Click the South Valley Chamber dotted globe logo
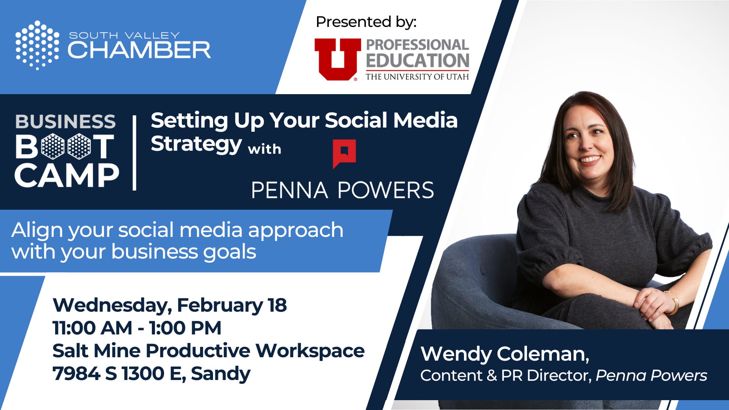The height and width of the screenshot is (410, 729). point(37,45)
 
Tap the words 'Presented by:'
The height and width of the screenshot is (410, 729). point(366,22)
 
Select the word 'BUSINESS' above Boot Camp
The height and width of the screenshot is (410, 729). point(65,121)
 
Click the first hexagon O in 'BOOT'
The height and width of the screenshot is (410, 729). point(53,146)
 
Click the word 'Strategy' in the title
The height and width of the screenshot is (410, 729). point(196,144)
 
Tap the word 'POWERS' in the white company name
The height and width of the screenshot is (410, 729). point(386,190)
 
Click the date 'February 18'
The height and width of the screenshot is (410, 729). point(232,305)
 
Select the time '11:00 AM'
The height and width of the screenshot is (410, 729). point(92,328)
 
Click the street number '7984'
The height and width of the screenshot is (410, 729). point(76,374)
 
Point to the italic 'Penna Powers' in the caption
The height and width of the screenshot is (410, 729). point(651,375)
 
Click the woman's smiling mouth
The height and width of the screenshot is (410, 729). point(589,159)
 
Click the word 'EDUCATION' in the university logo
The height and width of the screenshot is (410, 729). point(418,61)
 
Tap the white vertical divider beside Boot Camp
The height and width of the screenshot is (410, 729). point(134,153)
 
